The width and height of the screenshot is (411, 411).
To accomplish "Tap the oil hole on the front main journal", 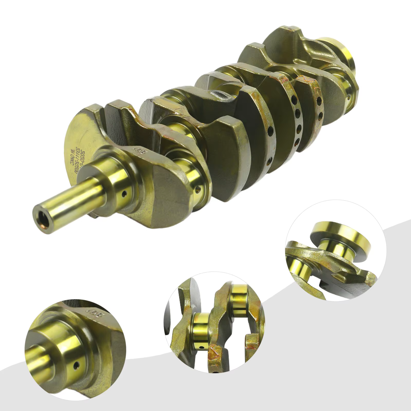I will click(124, 193).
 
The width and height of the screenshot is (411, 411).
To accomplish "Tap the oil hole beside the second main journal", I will click(198, 190).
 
